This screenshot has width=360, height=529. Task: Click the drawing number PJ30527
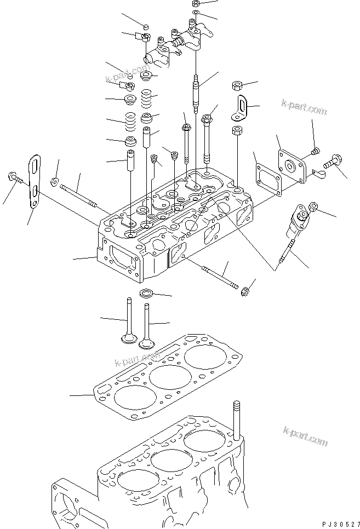[x=341, y=524]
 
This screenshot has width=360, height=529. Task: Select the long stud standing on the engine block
[x=237, y=421]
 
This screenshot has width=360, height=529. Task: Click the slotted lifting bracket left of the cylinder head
[x=35, y=181]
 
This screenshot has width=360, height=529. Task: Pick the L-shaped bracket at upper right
[x=240, y=108]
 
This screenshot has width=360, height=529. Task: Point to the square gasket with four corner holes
[x=268, y=180]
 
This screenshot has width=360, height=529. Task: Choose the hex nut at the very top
[x=196, y=4]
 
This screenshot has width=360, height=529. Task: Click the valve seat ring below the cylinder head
[x=146, y=293]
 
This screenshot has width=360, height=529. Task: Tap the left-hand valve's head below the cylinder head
[x=128, y=338]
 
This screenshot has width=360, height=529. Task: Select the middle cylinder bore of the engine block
[x=171, y=461]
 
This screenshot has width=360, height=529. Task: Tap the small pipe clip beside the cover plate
[x=318, y=175]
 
